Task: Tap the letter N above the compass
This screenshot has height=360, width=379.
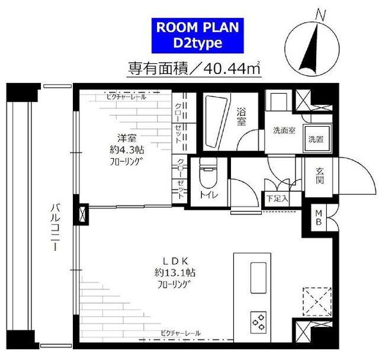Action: click(321, 15)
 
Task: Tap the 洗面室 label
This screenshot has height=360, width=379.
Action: click(284, 131)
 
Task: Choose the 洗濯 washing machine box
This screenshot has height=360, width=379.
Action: click(315, 140)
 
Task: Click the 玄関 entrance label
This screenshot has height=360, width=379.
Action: click(320, 175)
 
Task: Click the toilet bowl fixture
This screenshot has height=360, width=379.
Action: click(207, 175)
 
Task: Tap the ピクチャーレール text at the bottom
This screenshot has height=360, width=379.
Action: click(179, 333)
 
